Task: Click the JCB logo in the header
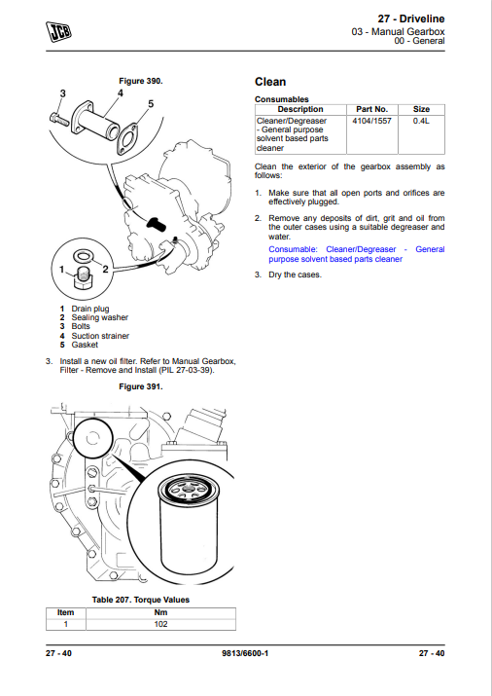[58, 31]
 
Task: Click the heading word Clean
[270, 82]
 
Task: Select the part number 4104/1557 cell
[371, 121]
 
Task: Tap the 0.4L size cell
[421, 121]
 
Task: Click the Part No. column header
[371, 109]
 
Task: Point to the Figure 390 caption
[141, 81]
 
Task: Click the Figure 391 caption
[141, 386]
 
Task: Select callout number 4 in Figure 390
[121, 93]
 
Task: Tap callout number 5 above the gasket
[151, 104]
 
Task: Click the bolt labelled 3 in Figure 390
[59, 119]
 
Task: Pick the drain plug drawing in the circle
[84, 277]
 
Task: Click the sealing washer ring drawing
[84, 256]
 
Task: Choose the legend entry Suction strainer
[100, 336]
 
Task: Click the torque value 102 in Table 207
[160, 624]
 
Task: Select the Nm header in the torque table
[160, 612]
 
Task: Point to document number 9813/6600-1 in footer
[245, 653]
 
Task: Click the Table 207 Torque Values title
[141, 600]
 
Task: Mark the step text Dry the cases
[295, 275]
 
